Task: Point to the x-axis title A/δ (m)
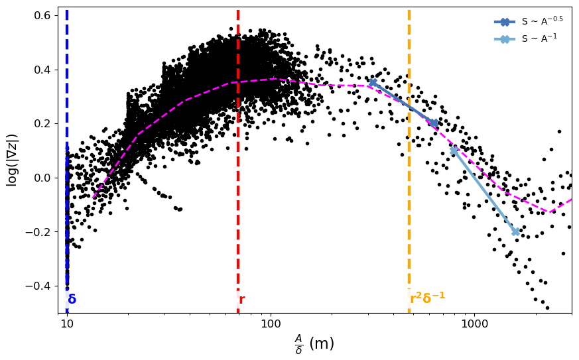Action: [314, 343]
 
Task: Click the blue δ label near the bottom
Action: [72, 300]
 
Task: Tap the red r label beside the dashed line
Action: [242, 300]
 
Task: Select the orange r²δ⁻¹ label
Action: [427, 298]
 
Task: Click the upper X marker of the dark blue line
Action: [373, 82]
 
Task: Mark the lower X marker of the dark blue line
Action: [434, 123]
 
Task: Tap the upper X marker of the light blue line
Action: [454, 150]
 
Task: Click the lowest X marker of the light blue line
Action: [515, 231]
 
